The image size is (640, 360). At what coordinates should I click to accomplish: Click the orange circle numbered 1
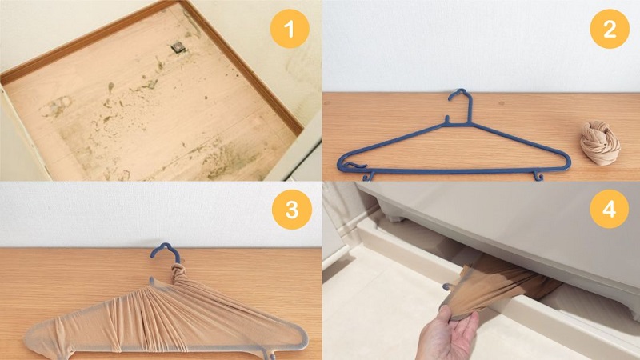(x=290, y=29)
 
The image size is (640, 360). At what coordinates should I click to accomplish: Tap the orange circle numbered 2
(x=610, y=29)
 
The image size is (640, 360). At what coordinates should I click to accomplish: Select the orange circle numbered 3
(x=292, y=209)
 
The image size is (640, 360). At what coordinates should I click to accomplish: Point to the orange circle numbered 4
(x=609, y=209)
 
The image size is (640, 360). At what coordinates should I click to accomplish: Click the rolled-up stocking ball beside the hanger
(x=599, y=143)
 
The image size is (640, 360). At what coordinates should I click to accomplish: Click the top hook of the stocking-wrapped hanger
(x=166, y=251)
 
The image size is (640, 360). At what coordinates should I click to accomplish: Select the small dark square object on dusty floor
(x=178, y=48)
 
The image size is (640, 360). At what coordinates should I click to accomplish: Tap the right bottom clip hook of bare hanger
(x=538, y=175)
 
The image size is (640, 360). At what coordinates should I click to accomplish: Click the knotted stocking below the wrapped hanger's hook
(x=178, y=273)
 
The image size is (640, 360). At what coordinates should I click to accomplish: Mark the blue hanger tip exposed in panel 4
(x=447, y=287)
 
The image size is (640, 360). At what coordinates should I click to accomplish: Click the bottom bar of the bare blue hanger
(x=453, y=171)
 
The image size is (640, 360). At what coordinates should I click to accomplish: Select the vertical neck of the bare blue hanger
(x=470, y=110)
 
